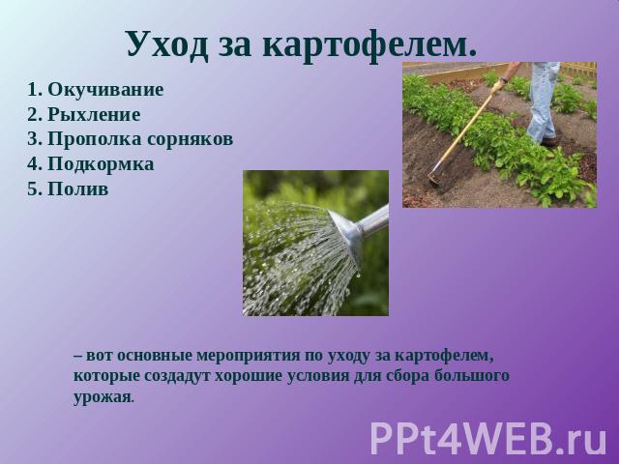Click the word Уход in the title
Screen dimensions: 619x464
tap(167, 44)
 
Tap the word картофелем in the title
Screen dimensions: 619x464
tap(369, 44)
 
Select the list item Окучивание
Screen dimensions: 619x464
tap(105, 90)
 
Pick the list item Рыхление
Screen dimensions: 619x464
tap(94, 115)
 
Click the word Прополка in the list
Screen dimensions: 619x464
tap(95, 139)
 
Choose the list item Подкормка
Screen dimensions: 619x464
tap(101, 164)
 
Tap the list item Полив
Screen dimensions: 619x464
tap(77, 189)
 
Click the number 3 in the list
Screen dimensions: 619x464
tap(33, 139)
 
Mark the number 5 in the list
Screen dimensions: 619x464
tap(33, 189)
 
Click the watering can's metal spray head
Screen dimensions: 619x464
tap(346, 235)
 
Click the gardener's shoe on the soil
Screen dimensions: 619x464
tap(548, 141)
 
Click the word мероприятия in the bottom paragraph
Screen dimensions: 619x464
tap(248, 356)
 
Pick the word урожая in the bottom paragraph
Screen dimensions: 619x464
tap(102, 396)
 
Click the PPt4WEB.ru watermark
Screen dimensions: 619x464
tap(488, 438)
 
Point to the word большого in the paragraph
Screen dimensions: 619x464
tap(472, 375)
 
